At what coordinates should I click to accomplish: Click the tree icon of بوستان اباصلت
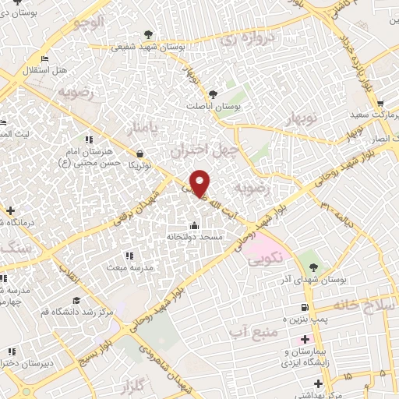click(231, 94)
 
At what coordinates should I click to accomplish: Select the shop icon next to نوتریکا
click(139, 154)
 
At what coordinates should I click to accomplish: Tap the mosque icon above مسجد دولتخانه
click(194, 226)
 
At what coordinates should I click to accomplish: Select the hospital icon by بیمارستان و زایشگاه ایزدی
click(305, 340)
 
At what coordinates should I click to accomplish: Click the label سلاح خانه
click(362, 305)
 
